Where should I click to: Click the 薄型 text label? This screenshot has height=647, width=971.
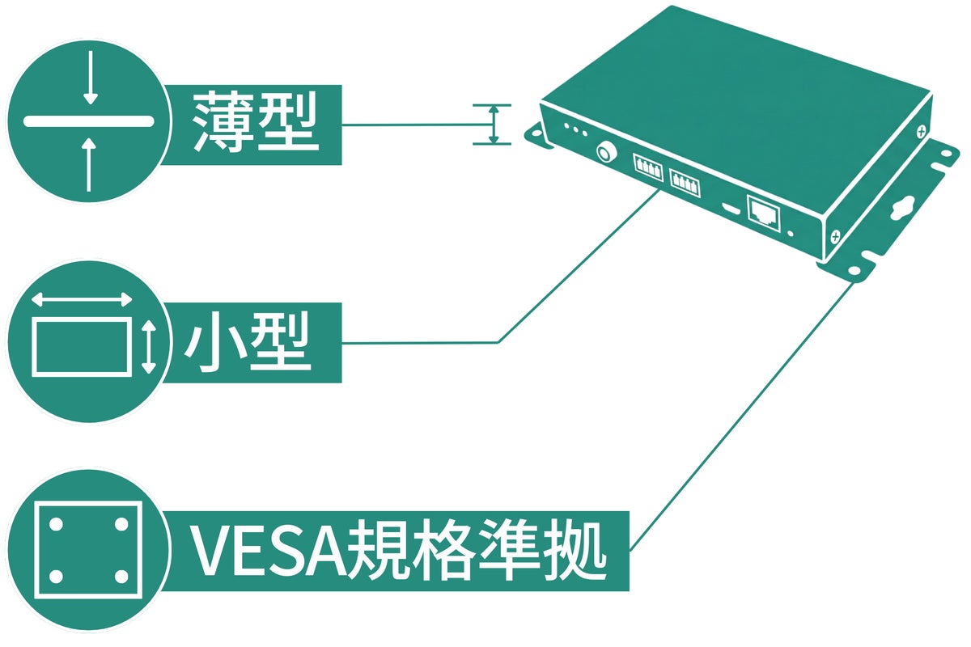pos(256,123)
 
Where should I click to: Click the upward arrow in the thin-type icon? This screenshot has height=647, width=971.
pos(91,162)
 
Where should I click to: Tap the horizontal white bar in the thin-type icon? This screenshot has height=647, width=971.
pos(89,122)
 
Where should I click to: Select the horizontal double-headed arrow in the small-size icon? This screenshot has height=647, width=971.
pos(82,300)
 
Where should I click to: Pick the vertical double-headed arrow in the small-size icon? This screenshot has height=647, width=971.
pos(147,346)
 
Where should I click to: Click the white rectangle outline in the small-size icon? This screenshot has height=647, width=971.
pos(82,345)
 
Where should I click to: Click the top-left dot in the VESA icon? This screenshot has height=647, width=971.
pos(56,523)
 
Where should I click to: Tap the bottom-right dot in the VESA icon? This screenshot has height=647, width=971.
pos(121,576)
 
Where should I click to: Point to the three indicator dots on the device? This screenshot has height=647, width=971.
pos(573,130)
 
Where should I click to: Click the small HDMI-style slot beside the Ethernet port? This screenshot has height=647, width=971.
pos(730,208)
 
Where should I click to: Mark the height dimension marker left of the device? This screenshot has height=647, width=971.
pos(493,124)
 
